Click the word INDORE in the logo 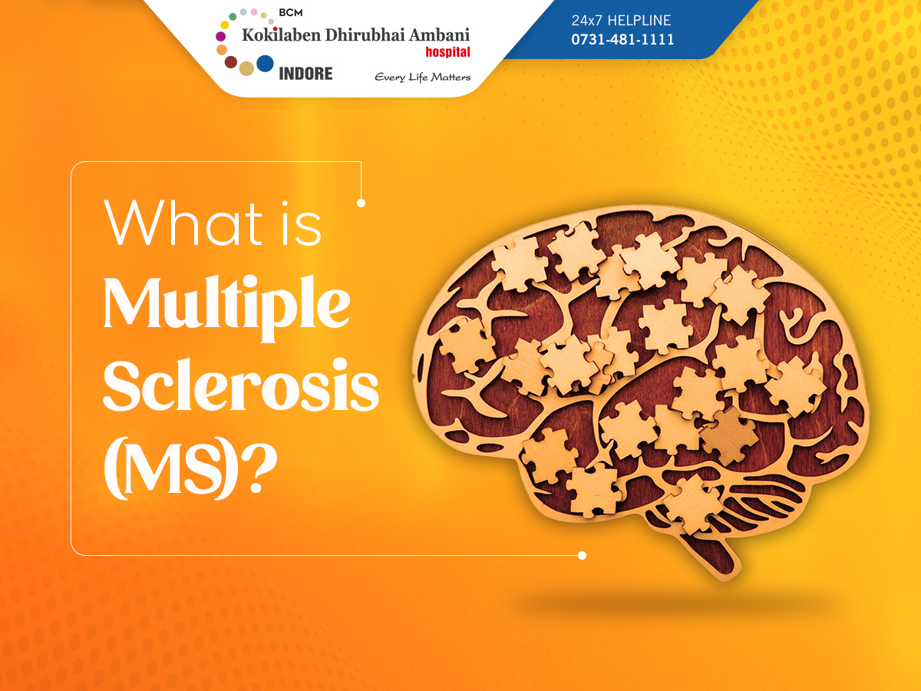[x=305, y=74]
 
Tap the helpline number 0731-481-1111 [x=622, y=39]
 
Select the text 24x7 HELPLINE [x=621, y=20]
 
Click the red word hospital [x=447, y=52]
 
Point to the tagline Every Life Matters [x=423, y=78]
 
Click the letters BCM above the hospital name [x=291, y=13]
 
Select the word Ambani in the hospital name [x=439, y=35]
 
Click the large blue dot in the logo [x=265, y=64]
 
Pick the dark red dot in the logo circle [x=231, y=62]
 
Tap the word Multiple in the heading [x=226, y=307]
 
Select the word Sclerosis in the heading [x=241, y=384]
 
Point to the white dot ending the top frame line [x=361, y=203]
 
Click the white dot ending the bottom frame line [x=582, y=555]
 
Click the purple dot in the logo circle [x=221, y=37]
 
